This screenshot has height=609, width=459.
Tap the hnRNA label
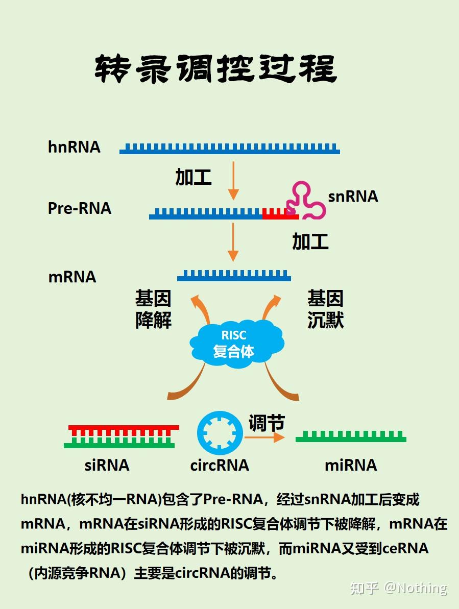click(75, 147)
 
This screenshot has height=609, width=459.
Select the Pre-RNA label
click(80, 208)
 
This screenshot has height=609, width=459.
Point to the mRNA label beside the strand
click(73, 277)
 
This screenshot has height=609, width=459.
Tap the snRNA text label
click(353, 197)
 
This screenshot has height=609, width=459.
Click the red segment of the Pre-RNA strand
click(280, 214)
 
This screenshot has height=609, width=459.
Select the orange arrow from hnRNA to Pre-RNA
click(233, 181)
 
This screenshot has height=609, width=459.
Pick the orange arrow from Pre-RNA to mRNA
click(233, 242)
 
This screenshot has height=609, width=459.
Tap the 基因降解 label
click(153, 309)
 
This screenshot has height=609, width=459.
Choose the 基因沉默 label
click(325, 309)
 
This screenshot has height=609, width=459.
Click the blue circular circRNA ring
click(220, 433)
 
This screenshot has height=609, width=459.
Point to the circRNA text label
click(220, 465)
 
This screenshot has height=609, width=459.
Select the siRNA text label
click(107, 465)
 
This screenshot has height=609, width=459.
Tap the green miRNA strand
click(351, 437)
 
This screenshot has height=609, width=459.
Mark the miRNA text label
click(351, 465)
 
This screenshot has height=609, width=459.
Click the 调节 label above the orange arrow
click(267, 423)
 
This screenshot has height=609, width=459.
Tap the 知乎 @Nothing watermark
click(398, 588)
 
